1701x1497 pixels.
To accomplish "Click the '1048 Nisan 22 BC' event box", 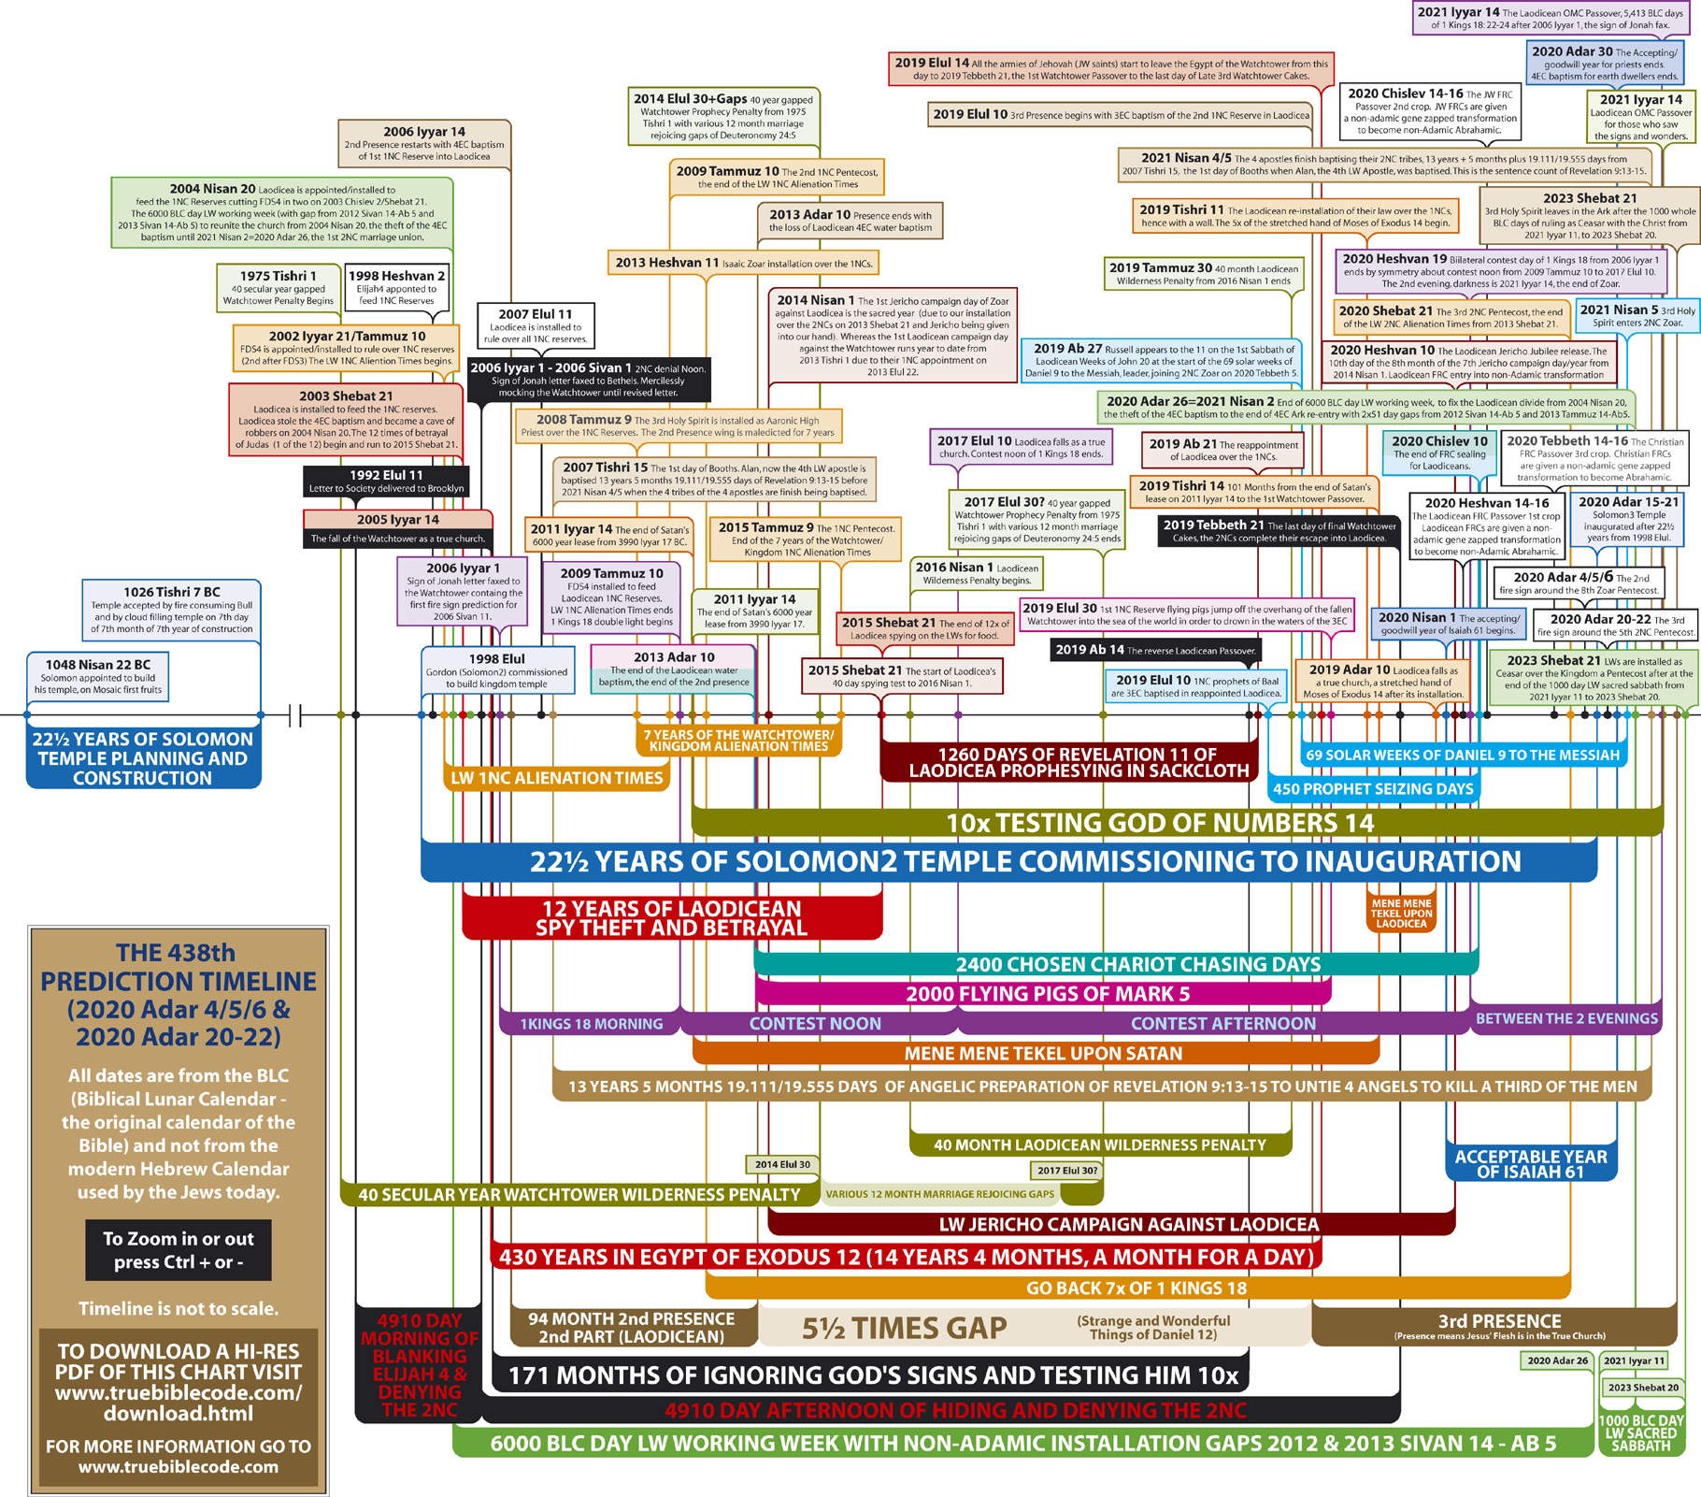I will click(98, 676).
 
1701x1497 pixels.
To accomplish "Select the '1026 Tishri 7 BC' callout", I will click(171, 610).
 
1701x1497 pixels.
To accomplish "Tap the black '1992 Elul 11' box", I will click(386, 481).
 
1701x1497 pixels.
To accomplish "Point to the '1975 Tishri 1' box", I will click(278, 286).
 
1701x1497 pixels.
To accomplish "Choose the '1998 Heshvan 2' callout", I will click(396, 286).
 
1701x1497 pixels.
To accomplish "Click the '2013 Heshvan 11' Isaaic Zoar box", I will click(744, 263).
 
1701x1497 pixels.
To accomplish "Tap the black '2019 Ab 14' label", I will click(1155, 650).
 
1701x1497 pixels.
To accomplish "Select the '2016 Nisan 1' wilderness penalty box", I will click(977, 573).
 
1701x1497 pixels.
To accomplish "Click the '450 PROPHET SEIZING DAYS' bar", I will click(1373, 789).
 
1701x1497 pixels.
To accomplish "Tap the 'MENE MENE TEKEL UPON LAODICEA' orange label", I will click(1401, 914).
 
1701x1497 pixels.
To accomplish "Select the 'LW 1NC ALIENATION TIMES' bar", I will click(556, 778).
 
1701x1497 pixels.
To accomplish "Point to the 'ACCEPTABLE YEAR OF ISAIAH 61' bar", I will click(1530, 1164).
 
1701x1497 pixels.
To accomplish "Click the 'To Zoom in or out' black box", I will click(178, 1250).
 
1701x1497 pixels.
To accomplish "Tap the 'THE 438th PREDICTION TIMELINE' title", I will click(178, 994).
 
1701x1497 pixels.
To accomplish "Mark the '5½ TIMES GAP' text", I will click(904, 1328).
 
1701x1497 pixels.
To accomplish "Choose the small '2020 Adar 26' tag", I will click(1556, 1360).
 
